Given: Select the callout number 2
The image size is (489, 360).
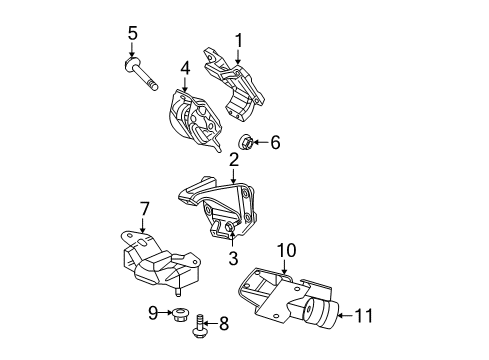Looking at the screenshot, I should click(x=233, y=159).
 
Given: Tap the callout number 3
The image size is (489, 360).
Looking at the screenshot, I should click(x=232, y=259).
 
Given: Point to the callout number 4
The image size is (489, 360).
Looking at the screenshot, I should click(x=184, y=69).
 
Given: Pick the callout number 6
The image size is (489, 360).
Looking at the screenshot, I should click(x=275, y=143).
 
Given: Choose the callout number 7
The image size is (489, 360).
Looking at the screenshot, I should click(x=144, y=208).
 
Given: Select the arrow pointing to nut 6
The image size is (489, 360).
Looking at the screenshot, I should click(x=259, y=143).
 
